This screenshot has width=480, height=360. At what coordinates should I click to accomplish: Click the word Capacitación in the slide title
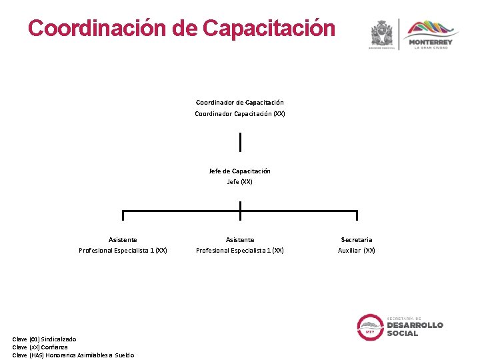(x=269, y=28)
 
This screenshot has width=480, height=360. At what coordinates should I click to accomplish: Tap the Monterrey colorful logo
(x=431, y=33)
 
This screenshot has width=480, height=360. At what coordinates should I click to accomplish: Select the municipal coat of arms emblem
(x=383, y=33)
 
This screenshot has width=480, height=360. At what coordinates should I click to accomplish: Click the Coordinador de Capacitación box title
(x=240, y=102)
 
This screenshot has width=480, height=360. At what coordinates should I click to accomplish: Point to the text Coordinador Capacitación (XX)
(x=240, y=114)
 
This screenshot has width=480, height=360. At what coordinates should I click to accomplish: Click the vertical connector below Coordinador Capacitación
(x=240, y=141)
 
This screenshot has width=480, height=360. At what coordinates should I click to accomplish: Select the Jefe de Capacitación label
(x=240, y=171)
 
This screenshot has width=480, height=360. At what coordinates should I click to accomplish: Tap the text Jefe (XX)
(x=240, y=182)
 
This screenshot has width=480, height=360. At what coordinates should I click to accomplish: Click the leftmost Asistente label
(x=123, y=239)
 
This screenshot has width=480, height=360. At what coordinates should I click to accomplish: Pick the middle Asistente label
(x=240, y=239)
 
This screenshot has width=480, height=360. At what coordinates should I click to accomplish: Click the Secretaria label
(x=357, y=239)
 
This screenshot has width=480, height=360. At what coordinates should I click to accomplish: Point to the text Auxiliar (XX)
(x=357, y=251)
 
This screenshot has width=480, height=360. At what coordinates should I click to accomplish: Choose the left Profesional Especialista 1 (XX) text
(x=123, y=251)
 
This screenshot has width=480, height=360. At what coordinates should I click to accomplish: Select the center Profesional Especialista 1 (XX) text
(x=240, y=251)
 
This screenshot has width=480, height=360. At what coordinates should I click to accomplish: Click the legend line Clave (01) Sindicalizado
(x=44, y=339)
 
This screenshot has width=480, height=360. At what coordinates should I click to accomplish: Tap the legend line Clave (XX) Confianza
(x=40, y=347)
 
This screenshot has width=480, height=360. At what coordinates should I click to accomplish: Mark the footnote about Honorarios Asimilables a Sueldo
(x=73, y=355)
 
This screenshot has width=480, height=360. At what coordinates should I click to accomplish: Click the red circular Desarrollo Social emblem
(x=371, y=327)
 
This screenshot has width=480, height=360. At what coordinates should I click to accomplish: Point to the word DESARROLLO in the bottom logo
(x=415, y=325)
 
